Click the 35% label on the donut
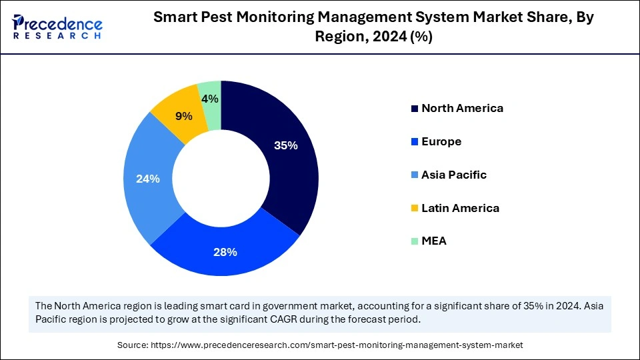pyautogui.click(x=286, y=145)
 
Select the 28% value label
pyautogui.click(x=225, y=252)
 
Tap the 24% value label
pyautogui.click(x=147, y=179)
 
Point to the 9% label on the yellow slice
pyautogui.click(x=183, y=116)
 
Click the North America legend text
pyautogui.click(x=462, y=108)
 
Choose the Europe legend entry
pyautogui.click(x=441, y=141)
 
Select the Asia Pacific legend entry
pyautogui.click(x=454, y=175)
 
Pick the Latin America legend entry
pyautogui.click(x=460, y=208)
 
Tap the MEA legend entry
pyautogui.click(x=434, y=241)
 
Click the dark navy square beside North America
pyautogui.click(x=415, y=109)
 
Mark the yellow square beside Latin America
pyautogui.click(x=415, y=209)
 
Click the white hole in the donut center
pyautogui.click(x=221, y=177)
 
